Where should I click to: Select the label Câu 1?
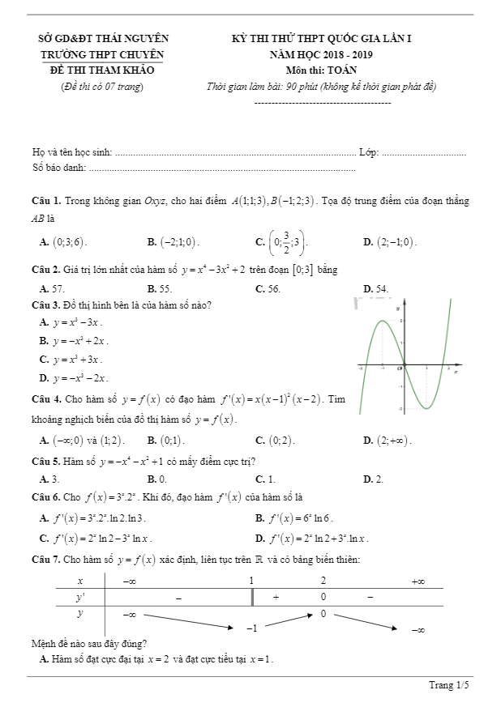click(46, 200)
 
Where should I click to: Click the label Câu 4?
click(46, 399)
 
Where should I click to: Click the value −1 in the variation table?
click(251, 628)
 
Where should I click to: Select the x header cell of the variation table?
click(79, 581)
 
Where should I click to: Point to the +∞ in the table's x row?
click(418, 581)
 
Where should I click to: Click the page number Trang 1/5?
click(449, 685)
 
